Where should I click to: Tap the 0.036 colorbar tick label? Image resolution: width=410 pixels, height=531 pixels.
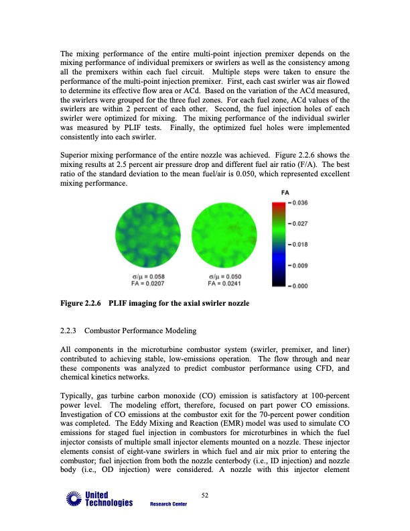point(299,203)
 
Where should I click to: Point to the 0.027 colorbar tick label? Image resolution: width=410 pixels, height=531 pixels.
point(299,224)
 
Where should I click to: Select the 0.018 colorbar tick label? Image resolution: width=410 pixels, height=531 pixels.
point(299,245)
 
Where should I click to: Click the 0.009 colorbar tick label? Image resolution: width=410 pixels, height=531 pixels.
point(299,265)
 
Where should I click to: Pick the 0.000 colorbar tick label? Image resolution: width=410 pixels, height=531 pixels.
point(299,286)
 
